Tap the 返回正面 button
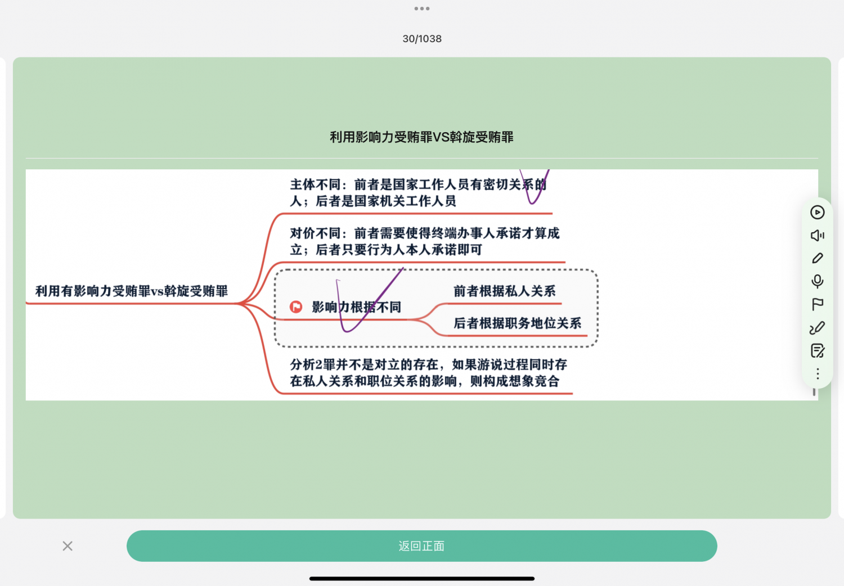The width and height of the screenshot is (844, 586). point(421,546)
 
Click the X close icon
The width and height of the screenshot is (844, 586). point(68,546)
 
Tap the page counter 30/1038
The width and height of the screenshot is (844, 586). point(422,39)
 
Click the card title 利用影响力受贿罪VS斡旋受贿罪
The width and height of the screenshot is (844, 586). point(421,137)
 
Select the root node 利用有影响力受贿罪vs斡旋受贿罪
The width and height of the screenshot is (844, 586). point(132,291)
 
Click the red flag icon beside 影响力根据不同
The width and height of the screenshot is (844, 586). point(296,307)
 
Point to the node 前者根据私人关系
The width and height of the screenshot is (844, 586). point(505,291)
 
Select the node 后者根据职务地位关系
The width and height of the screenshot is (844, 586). point(517,323)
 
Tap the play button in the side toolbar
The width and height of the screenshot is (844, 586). point(817,213)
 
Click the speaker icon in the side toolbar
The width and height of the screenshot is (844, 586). point(817,236)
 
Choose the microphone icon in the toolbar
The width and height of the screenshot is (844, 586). point(817,281)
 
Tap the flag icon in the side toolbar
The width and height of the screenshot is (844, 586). point(817,304)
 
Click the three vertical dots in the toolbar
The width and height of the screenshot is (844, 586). point(817,373)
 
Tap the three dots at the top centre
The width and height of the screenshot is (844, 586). point(422,8)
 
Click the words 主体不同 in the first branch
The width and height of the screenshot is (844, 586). point(315,184)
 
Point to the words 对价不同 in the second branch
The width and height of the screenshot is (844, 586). point(315,233)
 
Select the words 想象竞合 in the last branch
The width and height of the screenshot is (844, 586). point(534,381)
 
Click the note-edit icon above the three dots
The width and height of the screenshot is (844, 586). point(817,350)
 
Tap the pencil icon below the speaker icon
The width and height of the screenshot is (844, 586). point(817,258)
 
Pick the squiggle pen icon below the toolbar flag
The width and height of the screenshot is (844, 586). point(817,328)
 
